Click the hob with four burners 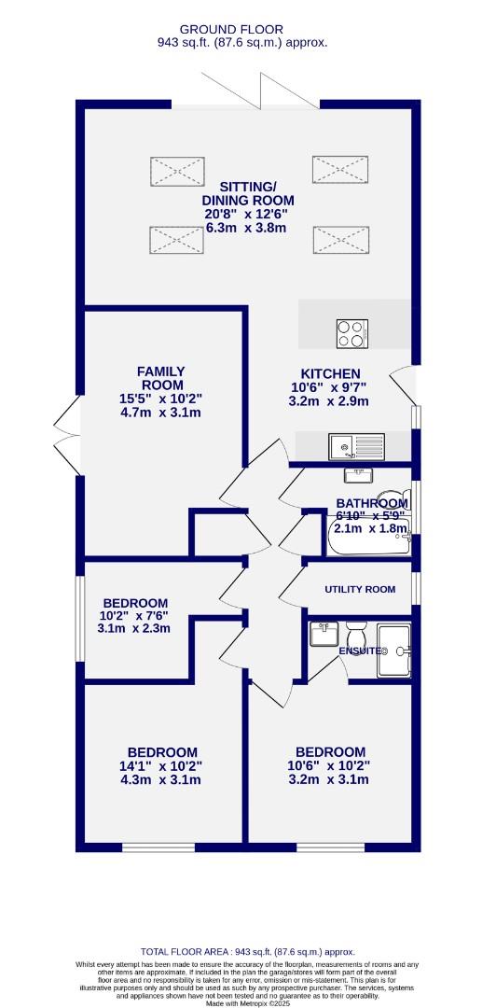[x=352, y=332]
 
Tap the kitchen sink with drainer [x=355, y=447]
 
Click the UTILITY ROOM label [x=360, y=589]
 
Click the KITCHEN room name [x=324, y=373]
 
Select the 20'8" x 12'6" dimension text [x=247, y=214]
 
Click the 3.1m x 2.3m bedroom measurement [x=136, y=630]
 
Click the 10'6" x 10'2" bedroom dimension [x=330, y=766]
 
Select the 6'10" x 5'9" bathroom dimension [x=371, y=514]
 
